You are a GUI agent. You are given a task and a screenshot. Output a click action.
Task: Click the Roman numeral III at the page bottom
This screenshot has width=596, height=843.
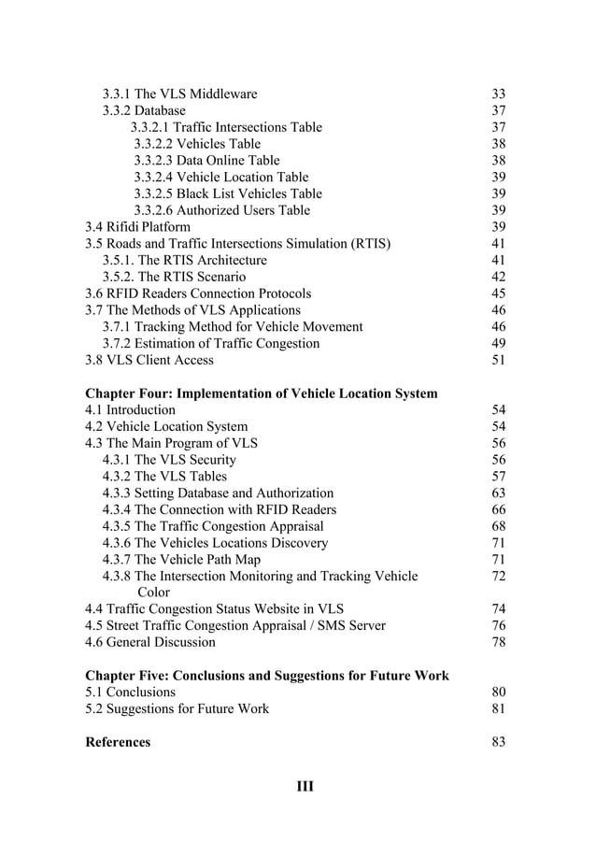tap(305, 786)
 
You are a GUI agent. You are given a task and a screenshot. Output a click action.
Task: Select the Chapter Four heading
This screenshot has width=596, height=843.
tap(261, 393)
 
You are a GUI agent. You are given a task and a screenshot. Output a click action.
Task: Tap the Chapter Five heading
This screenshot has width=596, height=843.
tap(266, 675)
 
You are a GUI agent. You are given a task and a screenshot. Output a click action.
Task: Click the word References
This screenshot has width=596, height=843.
tap(118, 742)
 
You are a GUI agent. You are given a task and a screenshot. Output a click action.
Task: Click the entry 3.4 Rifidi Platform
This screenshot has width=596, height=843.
tap(137, 227)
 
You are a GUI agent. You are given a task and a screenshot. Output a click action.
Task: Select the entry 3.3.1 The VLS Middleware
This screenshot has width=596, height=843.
tap(179, 93)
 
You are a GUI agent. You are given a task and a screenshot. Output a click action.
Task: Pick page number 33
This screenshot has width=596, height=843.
tap(498, 93)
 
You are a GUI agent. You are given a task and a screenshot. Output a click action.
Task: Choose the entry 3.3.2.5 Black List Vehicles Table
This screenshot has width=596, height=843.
tap(228, 193)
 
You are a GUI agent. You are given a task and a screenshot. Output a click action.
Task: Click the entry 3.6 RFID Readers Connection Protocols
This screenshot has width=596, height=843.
tap(198, 293)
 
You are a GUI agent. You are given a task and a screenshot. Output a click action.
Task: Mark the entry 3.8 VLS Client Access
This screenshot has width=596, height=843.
tap(149, 360)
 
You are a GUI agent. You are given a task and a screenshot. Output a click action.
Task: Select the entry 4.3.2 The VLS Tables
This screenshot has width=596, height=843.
tap(170, 477)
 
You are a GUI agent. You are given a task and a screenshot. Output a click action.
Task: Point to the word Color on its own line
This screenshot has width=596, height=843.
tap(153, 592)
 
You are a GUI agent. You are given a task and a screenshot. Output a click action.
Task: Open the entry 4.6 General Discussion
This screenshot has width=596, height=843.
tap(150, 642)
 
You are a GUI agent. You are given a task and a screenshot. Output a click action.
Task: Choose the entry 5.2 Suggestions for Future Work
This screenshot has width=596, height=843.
tap(177, 708)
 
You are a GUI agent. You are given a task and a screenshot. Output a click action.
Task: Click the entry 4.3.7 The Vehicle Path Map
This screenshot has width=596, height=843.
tap(190, 560)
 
